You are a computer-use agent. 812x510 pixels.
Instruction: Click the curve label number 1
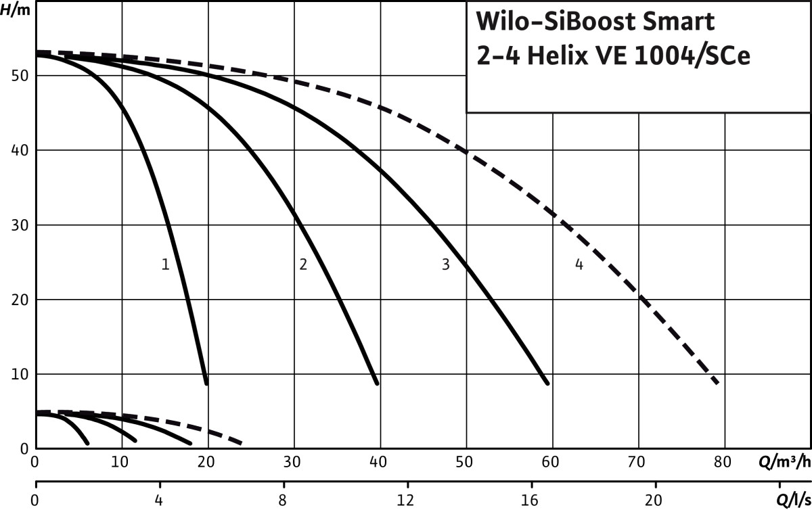click(x=165, y=264)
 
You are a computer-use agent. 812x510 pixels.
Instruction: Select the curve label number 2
click(x=303, y=264)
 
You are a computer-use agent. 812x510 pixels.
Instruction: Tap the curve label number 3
click(x=445, y=264)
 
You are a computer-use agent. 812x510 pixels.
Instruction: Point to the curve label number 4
click(x=579, y=264)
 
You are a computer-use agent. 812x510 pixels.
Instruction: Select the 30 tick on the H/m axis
click(x=20, y=225)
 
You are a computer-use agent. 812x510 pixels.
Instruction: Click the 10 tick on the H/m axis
click(x=20, y=374)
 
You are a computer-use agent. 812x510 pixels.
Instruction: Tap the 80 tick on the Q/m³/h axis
click(x=722, y=463)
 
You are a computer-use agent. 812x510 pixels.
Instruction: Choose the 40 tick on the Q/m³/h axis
click(x=378, y=463)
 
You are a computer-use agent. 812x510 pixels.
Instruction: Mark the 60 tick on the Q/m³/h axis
click(x=550, y=463)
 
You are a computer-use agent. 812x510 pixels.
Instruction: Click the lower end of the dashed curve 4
click(x=717, y=384)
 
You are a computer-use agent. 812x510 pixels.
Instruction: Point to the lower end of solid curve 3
click(x=547, y=384)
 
